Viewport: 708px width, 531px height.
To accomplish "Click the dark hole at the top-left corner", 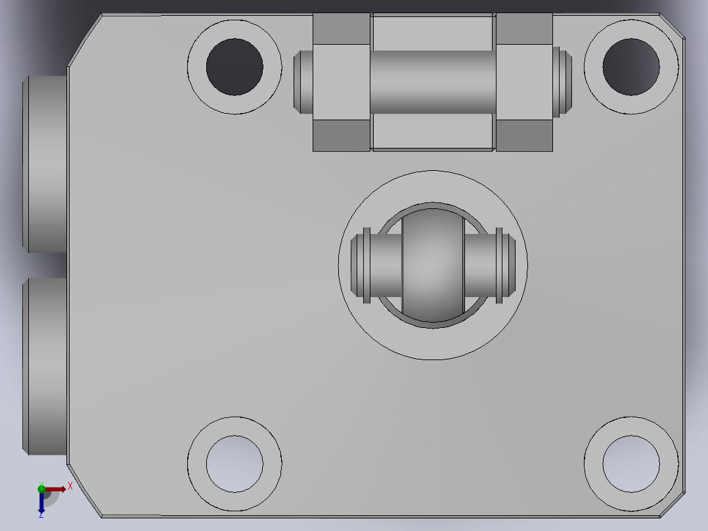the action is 234,67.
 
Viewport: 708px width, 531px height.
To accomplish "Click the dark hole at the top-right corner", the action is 631,67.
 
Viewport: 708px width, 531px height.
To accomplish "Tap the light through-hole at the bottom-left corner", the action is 234,464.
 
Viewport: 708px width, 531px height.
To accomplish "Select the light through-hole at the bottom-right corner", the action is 631,464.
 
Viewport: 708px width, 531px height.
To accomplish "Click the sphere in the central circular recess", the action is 433,265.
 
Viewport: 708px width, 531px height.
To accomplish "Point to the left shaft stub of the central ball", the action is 376,265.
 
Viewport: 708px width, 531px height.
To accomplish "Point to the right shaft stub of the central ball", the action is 490,265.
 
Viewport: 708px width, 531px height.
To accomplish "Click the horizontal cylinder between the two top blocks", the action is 433,81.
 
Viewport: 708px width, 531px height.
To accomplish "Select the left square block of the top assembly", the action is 342,81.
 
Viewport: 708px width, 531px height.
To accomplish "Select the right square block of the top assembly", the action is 524,81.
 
